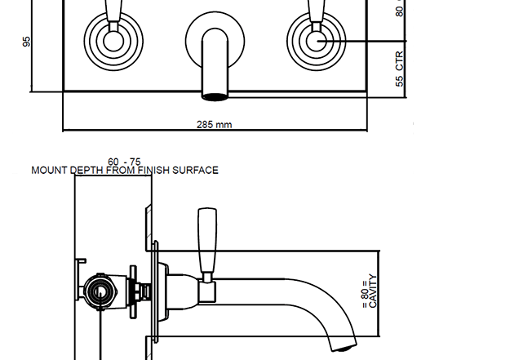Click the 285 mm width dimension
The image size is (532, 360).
click(x=215, y=125)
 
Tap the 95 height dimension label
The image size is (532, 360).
click(x=26, y=42)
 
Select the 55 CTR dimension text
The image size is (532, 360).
click(x=399, y=69)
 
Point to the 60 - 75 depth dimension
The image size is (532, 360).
click(x=124, y=162)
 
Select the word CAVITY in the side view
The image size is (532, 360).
click(x=373, y=291)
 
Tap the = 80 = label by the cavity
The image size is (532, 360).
click(x=365, y=294)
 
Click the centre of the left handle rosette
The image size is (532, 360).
click(x=113, y=41)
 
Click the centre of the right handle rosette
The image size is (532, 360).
click(x=317, y=41)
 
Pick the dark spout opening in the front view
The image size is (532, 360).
click(x=215, y=97)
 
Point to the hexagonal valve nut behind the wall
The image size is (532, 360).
click(x=100, y=291)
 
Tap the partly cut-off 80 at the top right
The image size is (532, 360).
click(x=399, y=8)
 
